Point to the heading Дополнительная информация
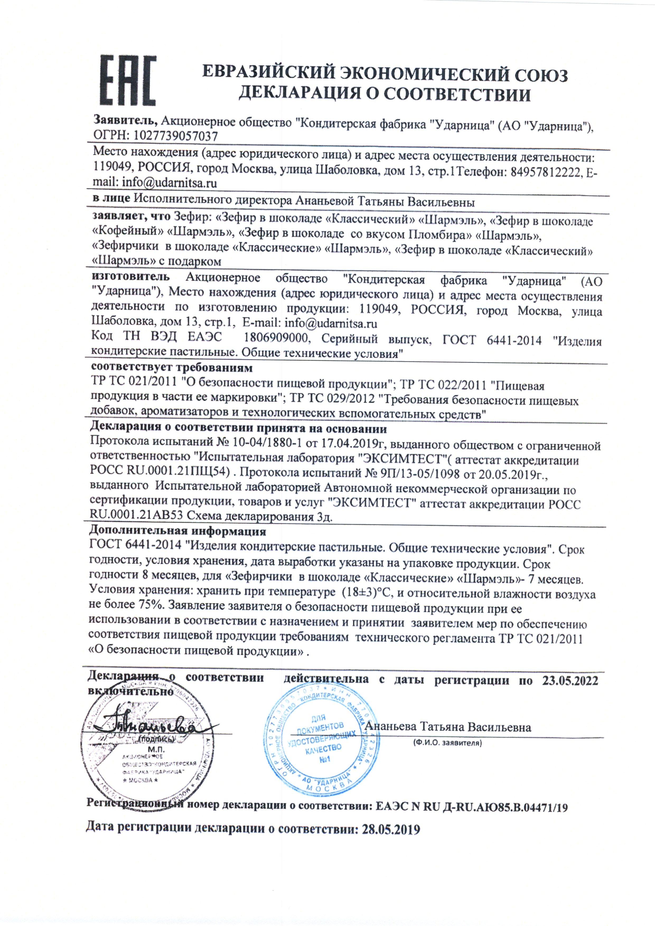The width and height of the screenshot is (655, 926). [x=177, y=531]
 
